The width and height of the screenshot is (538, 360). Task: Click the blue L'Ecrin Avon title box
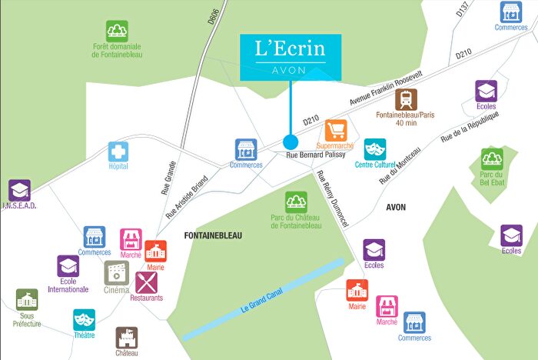[x=290, y=55]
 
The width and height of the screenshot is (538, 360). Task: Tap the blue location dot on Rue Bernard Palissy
[x=291, y=142]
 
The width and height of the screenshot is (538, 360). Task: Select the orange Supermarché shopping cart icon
[x=336, y=129]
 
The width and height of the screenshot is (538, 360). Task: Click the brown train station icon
[x=407, y=100]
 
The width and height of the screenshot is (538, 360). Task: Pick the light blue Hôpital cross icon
[x=118, y=152]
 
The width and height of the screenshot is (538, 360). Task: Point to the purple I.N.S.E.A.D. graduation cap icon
[x=19, y=191]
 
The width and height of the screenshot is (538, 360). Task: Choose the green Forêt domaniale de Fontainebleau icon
[x=118, y=32]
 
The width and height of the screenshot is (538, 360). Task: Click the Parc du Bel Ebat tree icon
[x=492, y=159]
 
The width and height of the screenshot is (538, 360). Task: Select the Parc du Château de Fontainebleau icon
[x=296, y=202]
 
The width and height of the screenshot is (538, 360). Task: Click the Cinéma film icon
[x=116, y=272]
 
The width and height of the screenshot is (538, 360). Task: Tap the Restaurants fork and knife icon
[x=146, y=282]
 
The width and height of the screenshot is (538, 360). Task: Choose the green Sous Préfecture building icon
[x=27, y=300]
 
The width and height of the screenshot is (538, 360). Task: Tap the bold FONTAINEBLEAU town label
[x=213, y=236]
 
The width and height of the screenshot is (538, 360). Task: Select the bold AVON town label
[x=395, y=208]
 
